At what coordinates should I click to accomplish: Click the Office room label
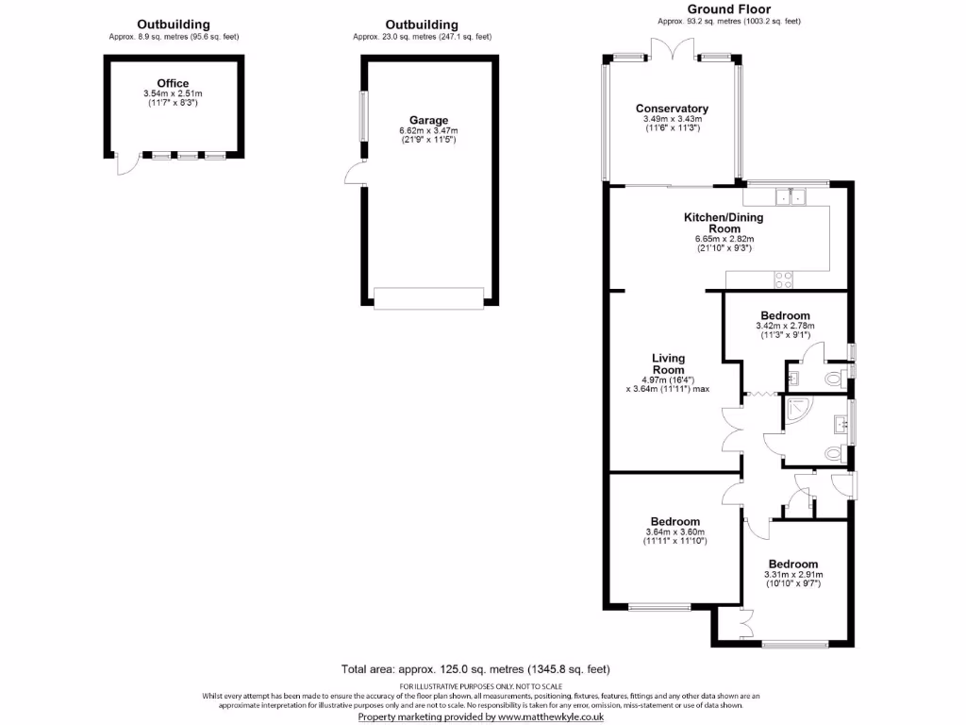point(173,84)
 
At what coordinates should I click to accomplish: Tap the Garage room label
point(429,120)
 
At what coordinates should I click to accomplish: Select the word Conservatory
point(672,109)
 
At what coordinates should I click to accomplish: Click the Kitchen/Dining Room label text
point(724,223)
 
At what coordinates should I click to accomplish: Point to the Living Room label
point(668,364)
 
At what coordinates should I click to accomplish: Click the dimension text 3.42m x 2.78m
point(784,326)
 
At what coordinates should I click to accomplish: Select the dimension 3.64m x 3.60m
point(675,531)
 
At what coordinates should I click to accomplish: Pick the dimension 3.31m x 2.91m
point(792,574)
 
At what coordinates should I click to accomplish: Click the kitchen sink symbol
point(788,196)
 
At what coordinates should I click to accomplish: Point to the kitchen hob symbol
point(783,279)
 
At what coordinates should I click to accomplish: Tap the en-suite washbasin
point(791,379)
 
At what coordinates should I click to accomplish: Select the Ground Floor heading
point(728,8)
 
